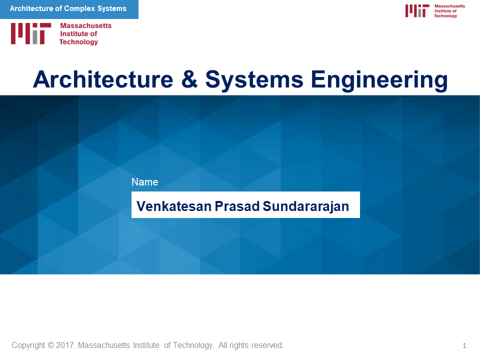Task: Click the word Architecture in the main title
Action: click(x=103, y=79)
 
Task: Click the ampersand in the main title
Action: click(x=189, y=79)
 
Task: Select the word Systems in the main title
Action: click(x=254, y=79)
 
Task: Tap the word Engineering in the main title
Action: click(x=379, y=80)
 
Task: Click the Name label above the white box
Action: click(x=145, y=182)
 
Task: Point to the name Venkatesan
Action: click(x=174, y=206)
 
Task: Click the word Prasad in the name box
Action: click(x=237, y=206)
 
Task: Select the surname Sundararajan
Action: click(x=306, y=206)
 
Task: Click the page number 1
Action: click(x=464, y=345)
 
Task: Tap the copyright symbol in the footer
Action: click(x=51, y=345)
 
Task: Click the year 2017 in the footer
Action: click(x=65, y=345)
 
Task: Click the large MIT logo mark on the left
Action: click(x=31, y=33)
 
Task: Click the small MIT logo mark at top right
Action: click(x=417, y=10)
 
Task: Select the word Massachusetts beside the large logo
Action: click(x=85, y=25)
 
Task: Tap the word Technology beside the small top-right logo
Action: click(x=445, y=16)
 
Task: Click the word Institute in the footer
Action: click(x=146, y=345)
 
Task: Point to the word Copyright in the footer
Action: click(x=28, y=345)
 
